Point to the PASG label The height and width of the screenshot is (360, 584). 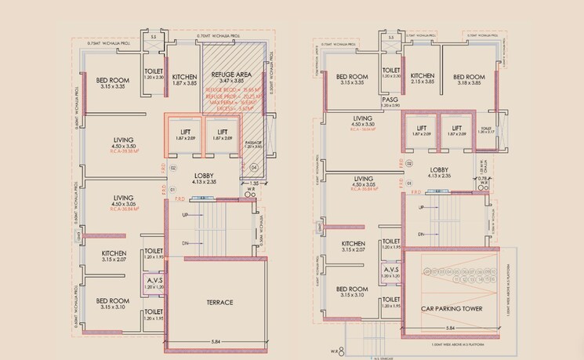pyautogui.click(x=390, y=100)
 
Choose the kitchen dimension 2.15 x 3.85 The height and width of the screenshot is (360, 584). pyautogui.click(x=423, y=82)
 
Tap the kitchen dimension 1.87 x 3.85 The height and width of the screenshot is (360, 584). pyautogui.click(x=184, y=82)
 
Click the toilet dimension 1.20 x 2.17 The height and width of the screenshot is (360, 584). pyautogui.click(x=486, y=131)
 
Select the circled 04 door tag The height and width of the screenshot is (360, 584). pyautogui.click(x=253, y=167)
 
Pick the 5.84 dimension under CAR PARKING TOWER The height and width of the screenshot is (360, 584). pyautogui.click(x=451, y=328)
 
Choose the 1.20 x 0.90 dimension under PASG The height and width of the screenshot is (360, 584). pyautogui.click(x=390, y=107)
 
